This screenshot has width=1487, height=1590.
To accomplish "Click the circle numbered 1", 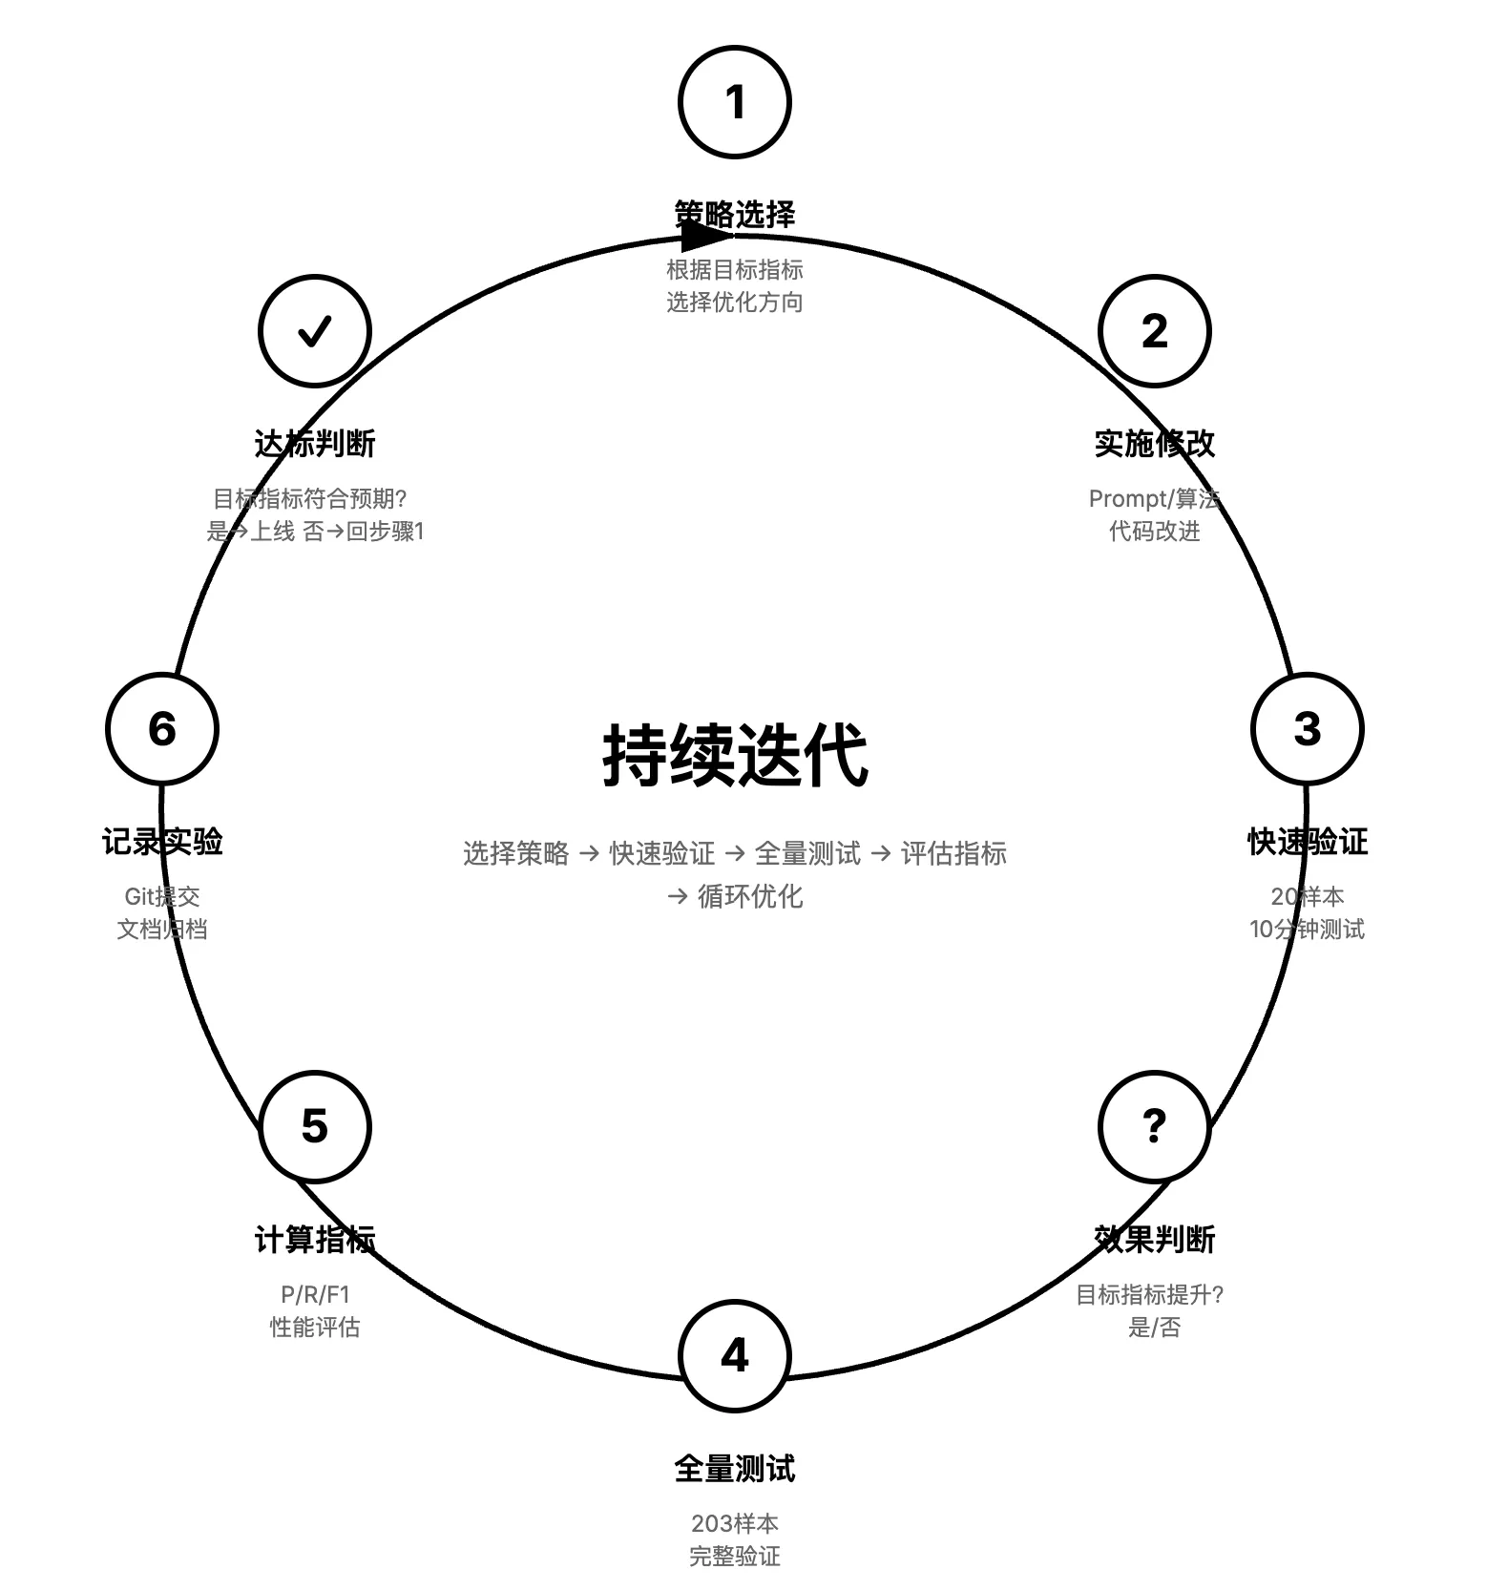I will coord(734,102).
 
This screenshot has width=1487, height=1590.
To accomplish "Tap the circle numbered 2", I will coord(1154,331).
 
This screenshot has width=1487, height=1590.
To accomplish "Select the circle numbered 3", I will coord(1307,729).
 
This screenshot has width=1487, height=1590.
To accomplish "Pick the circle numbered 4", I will coord(734,1355).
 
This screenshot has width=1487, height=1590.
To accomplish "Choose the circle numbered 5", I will coord(314,1126).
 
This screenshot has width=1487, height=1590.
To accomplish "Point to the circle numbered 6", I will coord(162,729).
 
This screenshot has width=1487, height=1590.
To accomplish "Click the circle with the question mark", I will coord(1154,1126).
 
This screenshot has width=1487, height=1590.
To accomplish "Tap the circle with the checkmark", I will coord(314,331).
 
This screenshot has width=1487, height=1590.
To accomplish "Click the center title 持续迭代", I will coord(735,756).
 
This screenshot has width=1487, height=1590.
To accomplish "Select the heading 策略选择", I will coord(734,214).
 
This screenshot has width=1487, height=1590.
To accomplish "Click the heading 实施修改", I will coord(1154,443).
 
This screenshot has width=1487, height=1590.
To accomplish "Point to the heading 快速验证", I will coord(1307,841).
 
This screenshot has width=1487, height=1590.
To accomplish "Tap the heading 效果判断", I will coord(1154,1239).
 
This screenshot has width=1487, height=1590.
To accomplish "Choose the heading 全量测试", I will coord(734,1468).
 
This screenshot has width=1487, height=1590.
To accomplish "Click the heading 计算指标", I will coord(314,1239).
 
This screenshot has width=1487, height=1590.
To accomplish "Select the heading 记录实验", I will coord(162,841).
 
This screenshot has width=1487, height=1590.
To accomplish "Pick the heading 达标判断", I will coord(314,443).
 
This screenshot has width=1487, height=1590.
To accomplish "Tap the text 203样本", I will coord(734,1523).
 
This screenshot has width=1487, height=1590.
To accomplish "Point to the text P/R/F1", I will coord(314,1294).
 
